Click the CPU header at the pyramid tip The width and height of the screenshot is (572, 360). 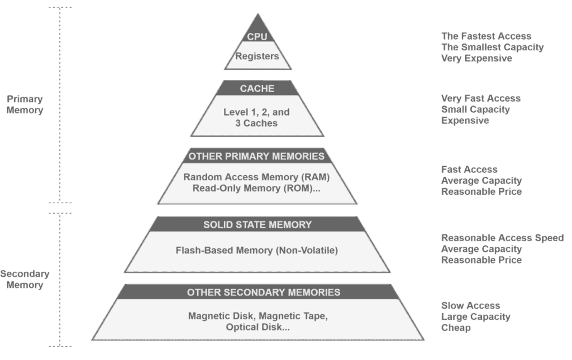tap(257, 37)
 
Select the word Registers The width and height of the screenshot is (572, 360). tap(257, 56)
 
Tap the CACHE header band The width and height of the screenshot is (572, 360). tap(257, 88)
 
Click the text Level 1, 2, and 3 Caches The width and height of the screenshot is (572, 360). tap(257, 118)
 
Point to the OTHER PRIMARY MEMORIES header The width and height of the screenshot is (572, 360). tap(256, 156)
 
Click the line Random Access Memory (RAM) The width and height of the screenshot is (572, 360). tap(256, 177)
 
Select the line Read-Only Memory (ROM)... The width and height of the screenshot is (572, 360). tap(256, 189)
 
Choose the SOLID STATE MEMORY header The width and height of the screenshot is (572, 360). tap(257, 224)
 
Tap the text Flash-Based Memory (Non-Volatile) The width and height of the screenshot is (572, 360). tap(256, 251)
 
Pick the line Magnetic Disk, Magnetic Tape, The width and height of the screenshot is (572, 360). tap(258, 316)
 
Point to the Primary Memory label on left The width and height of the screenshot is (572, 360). tap(25, 104)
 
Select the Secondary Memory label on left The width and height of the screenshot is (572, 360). tap(25, 279)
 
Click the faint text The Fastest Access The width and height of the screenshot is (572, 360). tap(486, 36)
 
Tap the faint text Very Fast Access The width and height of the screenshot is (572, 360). tap(481, 99)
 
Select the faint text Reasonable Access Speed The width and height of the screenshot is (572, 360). tap(502, 238)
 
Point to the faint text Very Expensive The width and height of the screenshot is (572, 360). tap(476, 58)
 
